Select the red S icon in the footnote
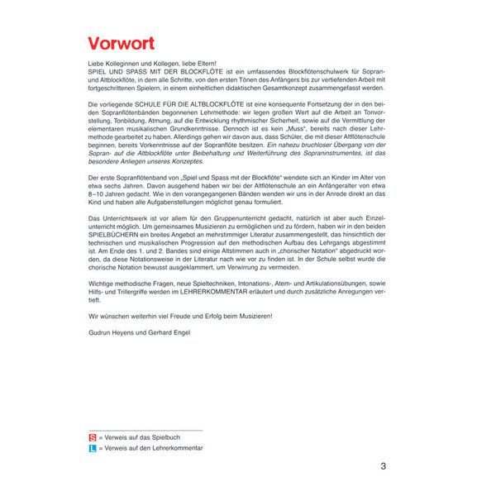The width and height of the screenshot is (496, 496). click(92, 436)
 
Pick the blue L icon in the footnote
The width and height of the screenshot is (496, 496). click(92, 447)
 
